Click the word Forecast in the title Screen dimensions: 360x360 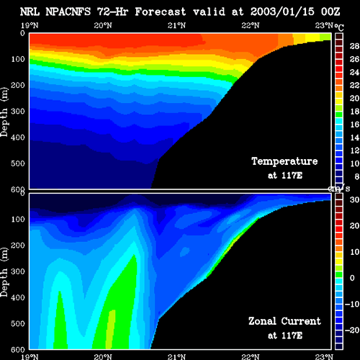160,12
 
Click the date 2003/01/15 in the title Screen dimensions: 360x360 282,12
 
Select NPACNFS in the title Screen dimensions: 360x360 68,12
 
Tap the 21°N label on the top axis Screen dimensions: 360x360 176,25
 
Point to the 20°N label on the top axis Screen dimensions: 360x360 103,25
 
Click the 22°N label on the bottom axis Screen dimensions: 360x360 251,356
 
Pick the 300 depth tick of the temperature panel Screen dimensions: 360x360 18,112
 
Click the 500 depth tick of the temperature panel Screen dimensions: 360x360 18,163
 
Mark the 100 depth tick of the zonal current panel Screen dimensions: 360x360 18,220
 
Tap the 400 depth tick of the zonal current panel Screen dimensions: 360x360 18,297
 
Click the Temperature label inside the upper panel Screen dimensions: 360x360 284,161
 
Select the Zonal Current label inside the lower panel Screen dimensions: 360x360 284,321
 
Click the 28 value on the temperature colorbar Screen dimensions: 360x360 354,46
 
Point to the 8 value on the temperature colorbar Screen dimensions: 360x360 356,176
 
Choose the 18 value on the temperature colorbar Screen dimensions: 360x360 354,112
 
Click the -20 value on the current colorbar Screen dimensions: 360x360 352,330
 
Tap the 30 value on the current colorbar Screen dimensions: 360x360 354,199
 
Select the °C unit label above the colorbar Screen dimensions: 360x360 339,27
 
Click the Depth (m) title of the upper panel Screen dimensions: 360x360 4,112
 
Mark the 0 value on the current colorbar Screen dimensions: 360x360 352,278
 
